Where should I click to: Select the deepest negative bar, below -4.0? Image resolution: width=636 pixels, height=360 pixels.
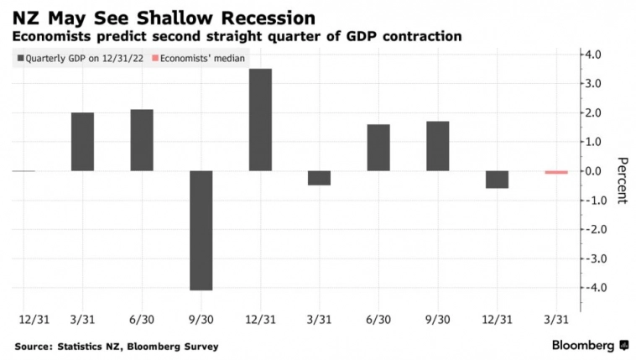coord(200,230)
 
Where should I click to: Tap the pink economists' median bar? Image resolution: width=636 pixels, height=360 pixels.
coord(556,172)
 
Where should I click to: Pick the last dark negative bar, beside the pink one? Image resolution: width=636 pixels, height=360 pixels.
coord(497,179)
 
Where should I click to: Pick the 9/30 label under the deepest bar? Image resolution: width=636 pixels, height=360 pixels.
coord(201,320)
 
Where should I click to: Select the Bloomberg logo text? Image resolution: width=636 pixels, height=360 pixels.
coord(583,345)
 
